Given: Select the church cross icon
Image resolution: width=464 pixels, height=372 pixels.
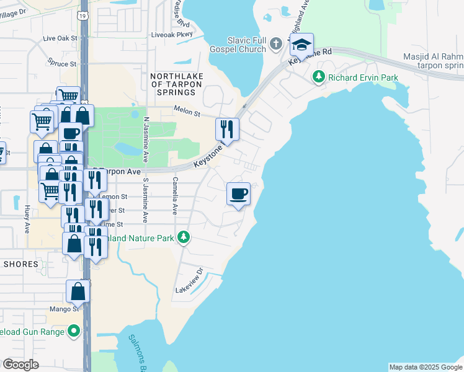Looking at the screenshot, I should point(277,43).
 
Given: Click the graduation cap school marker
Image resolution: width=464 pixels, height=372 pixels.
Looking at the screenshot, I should point(301,45).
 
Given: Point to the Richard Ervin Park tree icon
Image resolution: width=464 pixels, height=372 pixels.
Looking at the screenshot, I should point(319,77).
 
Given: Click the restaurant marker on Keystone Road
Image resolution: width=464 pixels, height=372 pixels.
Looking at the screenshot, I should point(227,129).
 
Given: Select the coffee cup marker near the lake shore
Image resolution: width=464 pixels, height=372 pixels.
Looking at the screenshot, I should point(238,194).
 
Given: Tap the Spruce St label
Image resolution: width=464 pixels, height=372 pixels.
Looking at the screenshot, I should point(62,63).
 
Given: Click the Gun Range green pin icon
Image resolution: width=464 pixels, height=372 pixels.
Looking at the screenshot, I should point(74,331).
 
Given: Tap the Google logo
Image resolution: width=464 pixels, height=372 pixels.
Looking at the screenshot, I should point(20,365).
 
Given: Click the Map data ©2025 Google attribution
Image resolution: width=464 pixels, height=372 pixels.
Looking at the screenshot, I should point(425,367).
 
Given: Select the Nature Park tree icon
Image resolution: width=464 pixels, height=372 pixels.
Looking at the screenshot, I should point(184,237).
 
